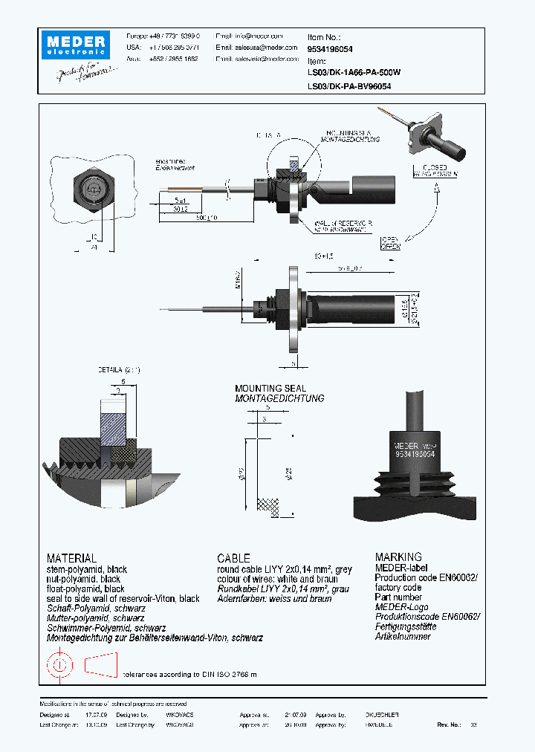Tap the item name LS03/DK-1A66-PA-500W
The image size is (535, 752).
(x=354, y=73)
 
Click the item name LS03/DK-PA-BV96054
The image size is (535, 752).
(x=349, y=86)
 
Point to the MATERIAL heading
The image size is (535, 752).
(x=71, y=557)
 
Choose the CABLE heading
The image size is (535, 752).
(x=233, y=557)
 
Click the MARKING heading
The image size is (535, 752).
(x=398, y=557)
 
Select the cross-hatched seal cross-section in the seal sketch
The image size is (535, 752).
(x=269, y=506)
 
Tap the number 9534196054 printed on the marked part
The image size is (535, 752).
(x=415, y=453)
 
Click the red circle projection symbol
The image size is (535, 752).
(x=59, y=663)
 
